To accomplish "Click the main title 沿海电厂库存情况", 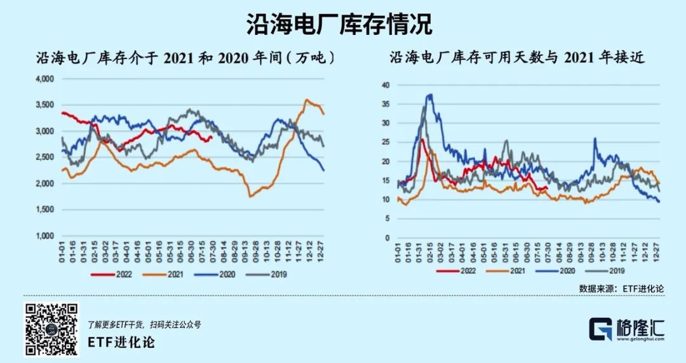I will point(339,24).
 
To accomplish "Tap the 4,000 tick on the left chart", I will point(44,79).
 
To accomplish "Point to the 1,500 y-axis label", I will point(44,209).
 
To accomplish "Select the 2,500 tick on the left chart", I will point(44,157).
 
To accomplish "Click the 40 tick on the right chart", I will point(385,84).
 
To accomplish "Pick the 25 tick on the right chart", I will point(385,142).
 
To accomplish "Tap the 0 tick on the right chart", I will point(387,238).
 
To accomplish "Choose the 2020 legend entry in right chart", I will point(560,270).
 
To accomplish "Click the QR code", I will point(52,329).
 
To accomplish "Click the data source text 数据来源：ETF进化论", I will point(622,288).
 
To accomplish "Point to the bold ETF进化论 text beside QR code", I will point(121,343).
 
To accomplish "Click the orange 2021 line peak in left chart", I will point(307,100).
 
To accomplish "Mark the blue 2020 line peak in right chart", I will point(430,95).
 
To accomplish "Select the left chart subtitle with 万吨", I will point(185,58).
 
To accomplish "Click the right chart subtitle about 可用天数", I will point(517,58).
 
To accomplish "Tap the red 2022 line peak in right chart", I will point(421,139).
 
